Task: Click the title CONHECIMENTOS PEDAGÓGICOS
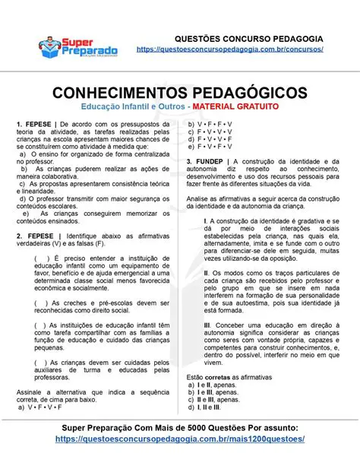tap(180, 92)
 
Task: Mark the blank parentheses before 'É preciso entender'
tap(39, 258)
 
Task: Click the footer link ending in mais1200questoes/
tap(180, 439)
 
